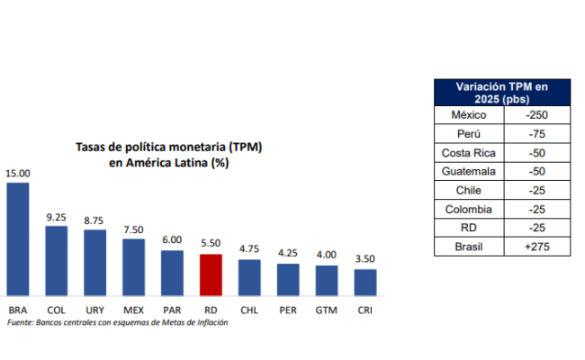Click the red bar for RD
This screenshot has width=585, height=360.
click(x=210, y=274)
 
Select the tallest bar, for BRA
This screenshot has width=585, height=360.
click(x=17, y=238)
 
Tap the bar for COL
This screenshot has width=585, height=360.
click(x=56, y=260)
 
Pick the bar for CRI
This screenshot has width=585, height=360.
click(x=364, y=282)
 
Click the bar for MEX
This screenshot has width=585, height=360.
click(x=133, y=266)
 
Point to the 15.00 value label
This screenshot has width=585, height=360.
click(x=17, y=173)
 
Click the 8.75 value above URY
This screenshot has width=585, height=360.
click(x=94, y=219)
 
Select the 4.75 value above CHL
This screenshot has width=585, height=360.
click(x=248, y=248)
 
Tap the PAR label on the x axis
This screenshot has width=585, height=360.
click(x=171, y=310)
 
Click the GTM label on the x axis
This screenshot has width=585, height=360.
click(x=326, y=310)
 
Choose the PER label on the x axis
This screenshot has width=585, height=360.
click(x=287, y=310)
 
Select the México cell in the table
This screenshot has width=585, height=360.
click(x=467, y=115)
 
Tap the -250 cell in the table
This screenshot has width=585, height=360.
click(x=536, y=115)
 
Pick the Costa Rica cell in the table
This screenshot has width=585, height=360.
click(x=467, y=153)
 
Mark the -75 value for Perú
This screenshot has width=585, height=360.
click(x=536, y=134)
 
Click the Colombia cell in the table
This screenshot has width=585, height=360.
click(x=467, y=210)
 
